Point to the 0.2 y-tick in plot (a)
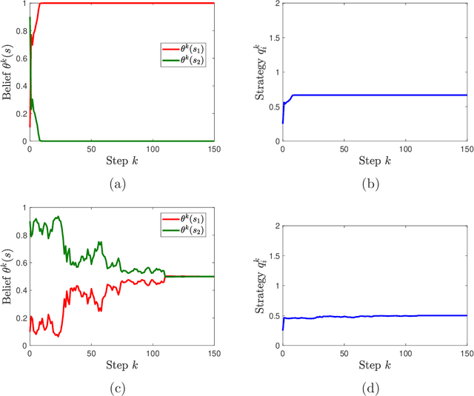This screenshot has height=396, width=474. tap(20, 113)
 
